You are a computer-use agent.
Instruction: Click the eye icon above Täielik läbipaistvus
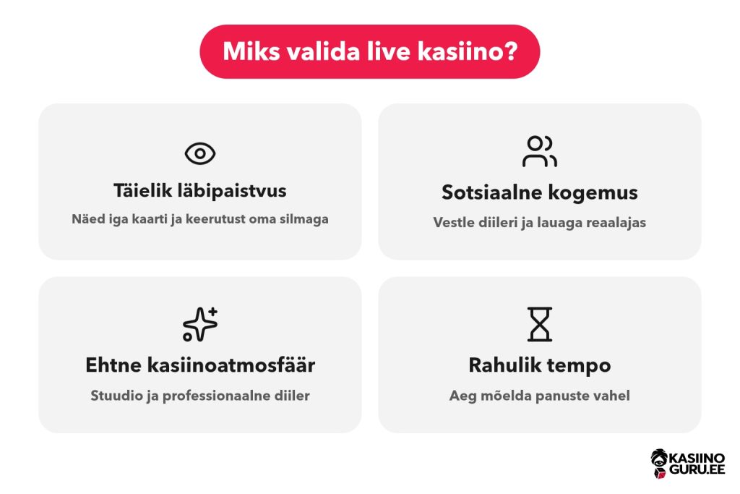[200, 153]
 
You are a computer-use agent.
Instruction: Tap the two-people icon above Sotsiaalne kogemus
[539, 151]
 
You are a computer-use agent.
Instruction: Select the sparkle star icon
[200, 324]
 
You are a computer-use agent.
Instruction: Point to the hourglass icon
[539, 324]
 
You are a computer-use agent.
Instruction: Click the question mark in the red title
[511, 51]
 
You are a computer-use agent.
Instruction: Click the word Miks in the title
[251, 51]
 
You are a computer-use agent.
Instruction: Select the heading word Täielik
[142, 190]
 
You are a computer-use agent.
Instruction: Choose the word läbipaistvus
[232, 191]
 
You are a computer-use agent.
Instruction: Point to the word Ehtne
[113, 365]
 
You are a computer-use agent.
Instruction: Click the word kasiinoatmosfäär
[231, 365]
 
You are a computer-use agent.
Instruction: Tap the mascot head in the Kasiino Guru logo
[659, 463]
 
